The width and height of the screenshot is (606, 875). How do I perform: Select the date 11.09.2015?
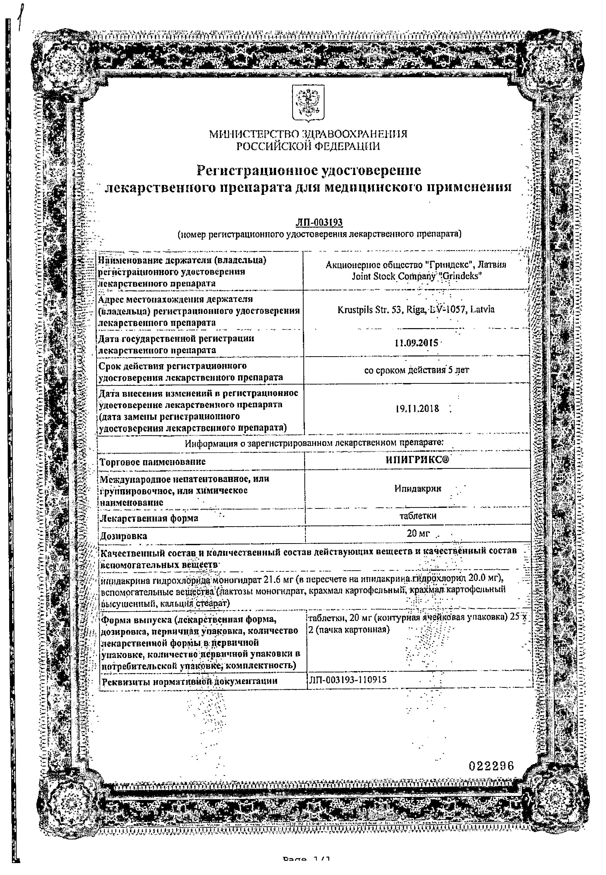416,343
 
